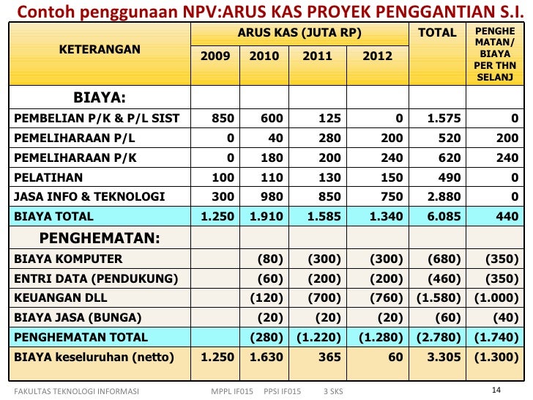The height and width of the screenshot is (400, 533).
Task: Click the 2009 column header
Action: (x=215, y=56)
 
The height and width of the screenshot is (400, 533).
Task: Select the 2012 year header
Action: (x=377, y=56)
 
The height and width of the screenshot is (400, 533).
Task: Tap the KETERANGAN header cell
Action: (x=100, y=49)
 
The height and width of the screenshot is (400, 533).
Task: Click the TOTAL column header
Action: (x=437, y=33)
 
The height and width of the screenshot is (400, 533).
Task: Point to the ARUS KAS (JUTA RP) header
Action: (x=299, y=33)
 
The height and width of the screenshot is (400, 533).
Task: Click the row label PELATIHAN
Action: (x=48, y=177)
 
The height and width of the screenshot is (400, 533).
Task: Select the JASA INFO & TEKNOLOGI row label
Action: (x=89, y=196)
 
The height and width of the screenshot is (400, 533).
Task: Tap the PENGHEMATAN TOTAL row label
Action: (x=81, y=337)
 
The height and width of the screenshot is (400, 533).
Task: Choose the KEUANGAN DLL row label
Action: (x=61, y=297)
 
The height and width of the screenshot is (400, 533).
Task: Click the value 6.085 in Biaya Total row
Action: (x=444, y=216)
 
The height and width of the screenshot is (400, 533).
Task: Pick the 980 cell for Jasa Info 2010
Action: (x=272, y=196)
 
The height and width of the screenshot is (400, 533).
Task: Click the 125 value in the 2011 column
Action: (x=329, y=118)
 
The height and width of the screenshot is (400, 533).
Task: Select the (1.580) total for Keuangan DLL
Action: (x=439, y=298)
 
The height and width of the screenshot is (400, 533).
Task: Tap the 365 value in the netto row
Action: (x=329, y=357)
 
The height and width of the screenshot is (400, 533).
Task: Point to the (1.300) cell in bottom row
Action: (x=496, y=358)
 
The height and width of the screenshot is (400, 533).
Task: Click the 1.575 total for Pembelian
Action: (x=444, y=118)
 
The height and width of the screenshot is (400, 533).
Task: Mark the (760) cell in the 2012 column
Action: (x=386, y=298)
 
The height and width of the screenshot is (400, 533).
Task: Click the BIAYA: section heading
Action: (x=100, y=97)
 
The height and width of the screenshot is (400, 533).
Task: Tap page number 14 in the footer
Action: (x=496, y=390)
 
